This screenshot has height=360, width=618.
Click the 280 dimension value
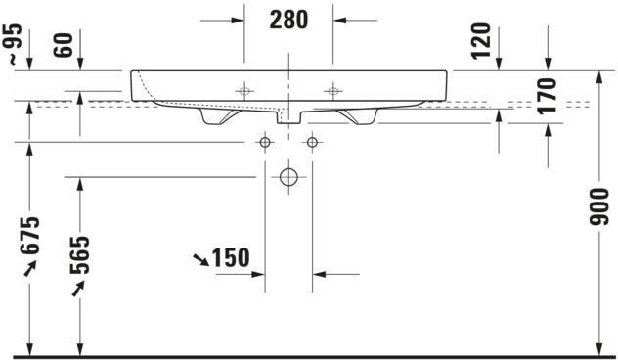tap(288, 20)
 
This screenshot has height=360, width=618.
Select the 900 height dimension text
tap(599, 206)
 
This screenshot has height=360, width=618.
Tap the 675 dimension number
tap(30, 235)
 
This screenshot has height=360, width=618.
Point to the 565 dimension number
tap(80, 254)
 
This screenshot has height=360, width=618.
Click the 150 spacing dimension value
tap(231, 258)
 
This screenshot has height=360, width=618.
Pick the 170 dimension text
tap(548, 96)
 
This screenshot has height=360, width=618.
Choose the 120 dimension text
tap(482, 41)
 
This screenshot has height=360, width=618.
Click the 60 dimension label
tap(64, 45)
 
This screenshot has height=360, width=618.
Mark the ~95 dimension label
tap(15, 44)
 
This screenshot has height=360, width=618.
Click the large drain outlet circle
tap(288, 177)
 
